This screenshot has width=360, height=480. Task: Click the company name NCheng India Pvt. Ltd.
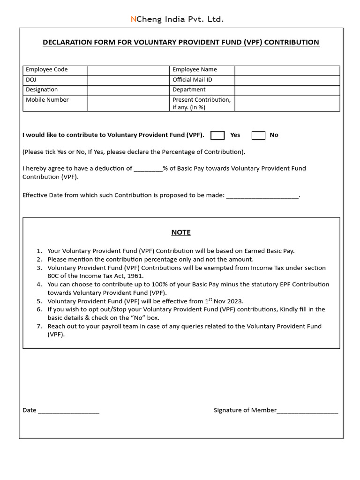click(x=177, y=19)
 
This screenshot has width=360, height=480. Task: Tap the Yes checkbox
click(x=217, y=135)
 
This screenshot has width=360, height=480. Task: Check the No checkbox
click(x=258, y=135)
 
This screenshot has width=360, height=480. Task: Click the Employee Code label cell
click(x=55, y=70)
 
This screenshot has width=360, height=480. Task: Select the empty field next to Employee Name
click(x=287, y=70)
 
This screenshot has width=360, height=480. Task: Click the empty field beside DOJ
click(x=128, y=80)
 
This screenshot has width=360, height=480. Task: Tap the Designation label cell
click(x=55, y=90)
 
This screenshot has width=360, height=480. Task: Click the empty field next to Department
click(x=287, y=90)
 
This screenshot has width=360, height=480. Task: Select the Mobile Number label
click(x=47, y=100)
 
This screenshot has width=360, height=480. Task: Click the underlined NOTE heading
click(x=181, y=232)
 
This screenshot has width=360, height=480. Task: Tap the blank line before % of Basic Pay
click(x=148, y=169)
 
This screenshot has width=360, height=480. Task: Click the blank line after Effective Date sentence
click(x=262, y=196)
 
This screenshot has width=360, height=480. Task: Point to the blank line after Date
click(x=68, y=411)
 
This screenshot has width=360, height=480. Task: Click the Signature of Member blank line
click(x=307, y=411)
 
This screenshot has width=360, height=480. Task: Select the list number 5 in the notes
click(x=39, y=301)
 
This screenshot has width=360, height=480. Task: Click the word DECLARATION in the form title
click(x=64, y=43)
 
